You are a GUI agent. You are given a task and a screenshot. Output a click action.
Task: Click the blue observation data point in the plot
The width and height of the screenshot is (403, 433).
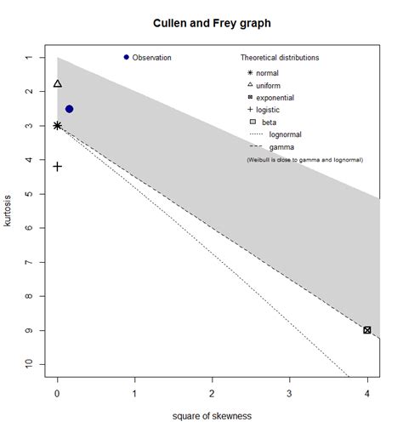tap(69, 109)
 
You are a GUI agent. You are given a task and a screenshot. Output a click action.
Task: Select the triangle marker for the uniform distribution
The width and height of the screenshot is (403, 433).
tap(57, 83)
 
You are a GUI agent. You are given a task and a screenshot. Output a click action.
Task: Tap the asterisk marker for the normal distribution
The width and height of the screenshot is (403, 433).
tap(57, 126)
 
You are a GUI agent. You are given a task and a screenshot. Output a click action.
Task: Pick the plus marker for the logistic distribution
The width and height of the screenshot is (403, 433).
tap(57, 167)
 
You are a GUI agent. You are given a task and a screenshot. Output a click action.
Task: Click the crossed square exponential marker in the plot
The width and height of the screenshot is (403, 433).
tap(366, 330)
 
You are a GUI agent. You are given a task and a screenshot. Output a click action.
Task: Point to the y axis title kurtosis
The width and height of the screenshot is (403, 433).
tap(9, 211)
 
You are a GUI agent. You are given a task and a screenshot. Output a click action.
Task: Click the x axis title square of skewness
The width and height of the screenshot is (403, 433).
tap(213, 417)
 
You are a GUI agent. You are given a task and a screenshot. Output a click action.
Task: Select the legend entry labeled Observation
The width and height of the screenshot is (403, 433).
tap(151, 58)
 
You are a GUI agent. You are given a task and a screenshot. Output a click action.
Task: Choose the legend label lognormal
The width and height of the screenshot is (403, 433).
tap(285, 134)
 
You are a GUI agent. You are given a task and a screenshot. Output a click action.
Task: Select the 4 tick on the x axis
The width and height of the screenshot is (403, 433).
tap(366, 394)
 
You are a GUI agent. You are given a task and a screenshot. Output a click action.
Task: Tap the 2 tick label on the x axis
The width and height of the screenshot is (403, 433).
tap(212, 394)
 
